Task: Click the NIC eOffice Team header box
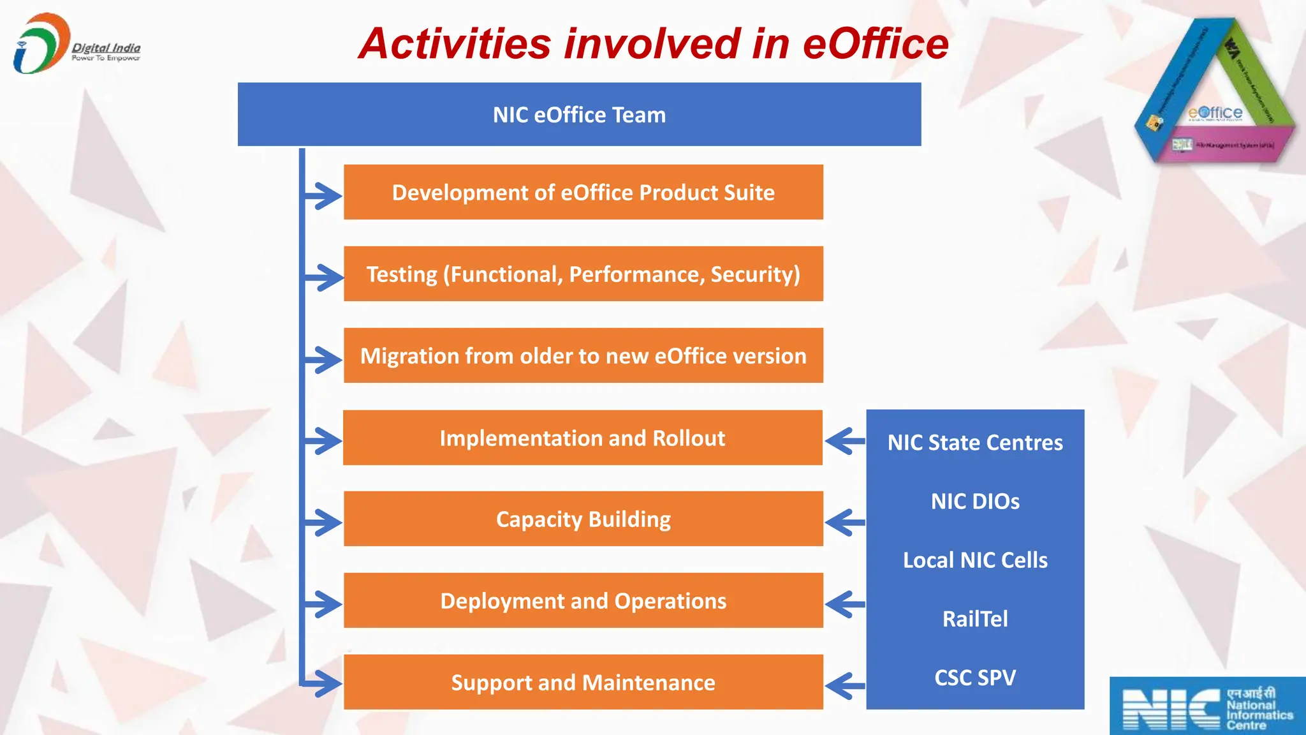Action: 579,115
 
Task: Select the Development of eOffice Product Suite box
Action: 583,192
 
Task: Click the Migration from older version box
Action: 583,355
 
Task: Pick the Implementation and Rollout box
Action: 582,438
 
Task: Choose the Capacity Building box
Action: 583,519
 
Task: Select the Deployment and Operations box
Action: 583,600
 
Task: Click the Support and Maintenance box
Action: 583,682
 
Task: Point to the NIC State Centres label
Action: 975,442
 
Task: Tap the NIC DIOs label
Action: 975,501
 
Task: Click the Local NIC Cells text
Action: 975,560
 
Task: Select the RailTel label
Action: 975,619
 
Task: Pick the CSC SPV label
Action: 975,678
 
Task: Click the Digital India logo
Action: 75,43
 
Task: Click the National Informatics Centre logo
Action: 1207,707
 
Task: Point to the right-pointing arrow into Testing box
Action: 324,278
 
